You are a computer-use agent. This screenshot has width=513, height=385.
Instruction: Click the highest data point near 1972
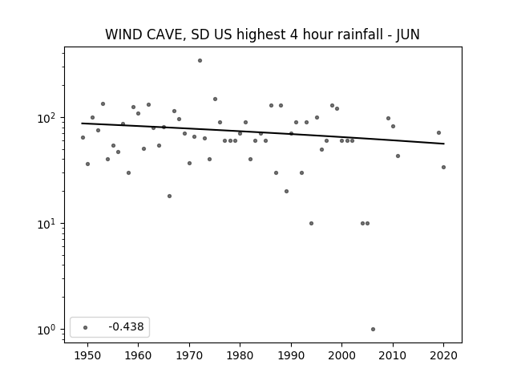point(200,61)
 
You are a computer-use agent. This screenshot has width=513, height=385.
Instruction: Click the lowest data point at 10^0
point(373,330)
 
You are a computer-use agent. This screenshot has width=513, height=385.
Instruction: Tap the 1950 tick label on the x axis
point(87,355)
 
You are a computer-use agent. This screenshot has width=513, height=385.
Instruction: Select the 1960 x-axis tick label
point(138,355)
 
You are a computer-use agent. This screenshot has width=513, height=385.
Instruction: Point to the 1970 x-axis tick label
point(189,355)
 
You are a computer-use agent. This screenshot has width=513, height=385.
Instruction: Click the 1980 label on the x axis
point(240,355)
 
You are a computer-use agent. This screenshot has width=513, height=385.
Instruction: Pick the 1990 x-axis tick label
point(291,355)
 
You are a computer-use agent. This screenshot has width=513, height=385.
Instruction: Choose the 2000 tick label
point(341,355)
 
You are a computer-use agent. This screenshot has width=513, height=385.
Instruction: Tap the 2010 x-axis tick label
point(393,355)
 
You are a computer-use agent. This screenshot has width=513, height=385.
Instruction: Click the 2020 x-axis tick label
point(443,355)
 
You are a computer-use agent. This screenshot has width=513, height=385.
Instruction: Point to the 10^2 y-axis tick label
point(48,118)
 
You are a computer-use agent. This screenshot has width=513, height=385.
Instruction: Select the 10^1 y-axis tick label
point(48,224)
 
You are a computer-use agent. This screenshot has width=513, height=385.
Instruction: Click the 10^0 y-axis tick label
point(48,330)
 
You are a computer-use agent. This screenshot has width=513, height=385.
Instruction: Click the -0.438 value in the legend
point(126,326)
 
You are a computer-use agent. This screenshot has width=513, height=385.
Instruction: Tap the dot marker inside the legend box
point(86,327)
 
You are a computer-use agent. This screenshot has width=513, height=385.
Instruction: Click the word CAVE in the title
point(166,34)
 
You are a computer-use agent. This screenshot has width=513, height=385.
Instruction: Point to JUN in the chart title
point(408,34)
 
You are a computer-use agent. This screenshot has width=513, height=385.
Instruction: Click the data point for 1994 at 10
point(311,223)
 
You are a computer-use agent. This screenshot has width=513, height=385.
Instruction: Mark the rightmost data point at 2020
point(443,168)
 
